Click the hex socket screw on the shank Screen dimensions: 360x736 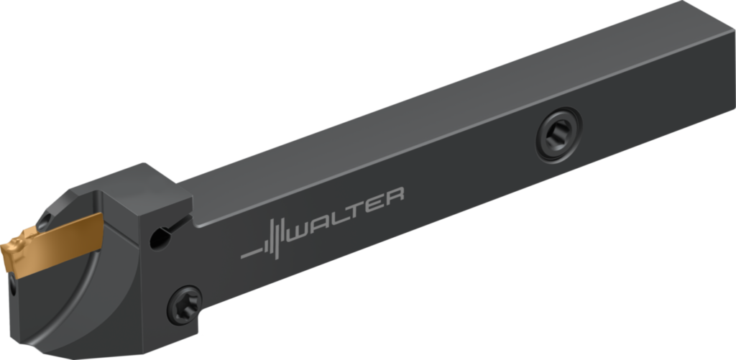[558, 132]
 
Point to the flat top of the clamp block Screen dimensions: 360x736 [137, 183]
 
